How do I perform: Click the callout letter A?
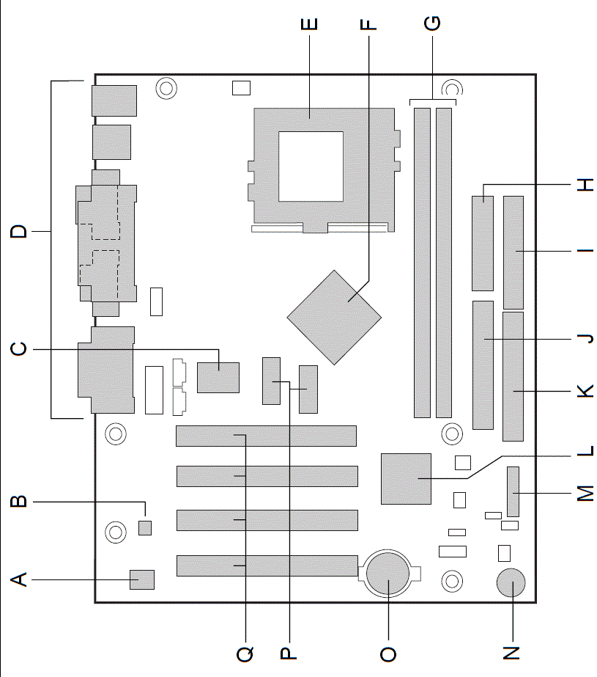(18, 579)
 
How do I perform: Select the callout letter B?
(18, 502)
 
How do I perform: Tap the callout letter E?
(309, 24)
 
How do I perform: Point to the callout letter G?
(432, 23)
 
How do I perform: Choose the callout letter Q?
(245, 654)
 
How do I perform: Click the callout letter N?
(511, 654)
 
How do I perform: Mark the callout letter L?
(585, 451)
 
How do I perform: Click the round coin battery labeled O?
(388, 574)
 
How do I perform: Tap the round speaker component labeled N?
(511, 582)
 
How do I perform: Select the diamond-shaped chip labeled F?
(334, 318)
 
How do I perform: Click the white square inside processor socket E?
(311, 166)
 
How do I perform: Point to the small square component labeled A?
(142, 579)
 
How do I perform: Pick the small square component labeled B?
(145, 527)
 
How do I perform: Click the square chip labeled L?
(406, 479)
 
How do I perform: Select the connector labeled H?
(482, 244)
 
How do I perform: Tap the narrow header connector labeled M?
(513, 491)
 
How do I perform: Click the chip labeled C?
(218, 378)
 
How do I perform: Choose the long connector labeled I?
(513, 252)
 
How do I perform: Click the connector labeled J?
(483, 365)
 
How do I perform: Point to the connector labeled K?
(513, 376)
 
